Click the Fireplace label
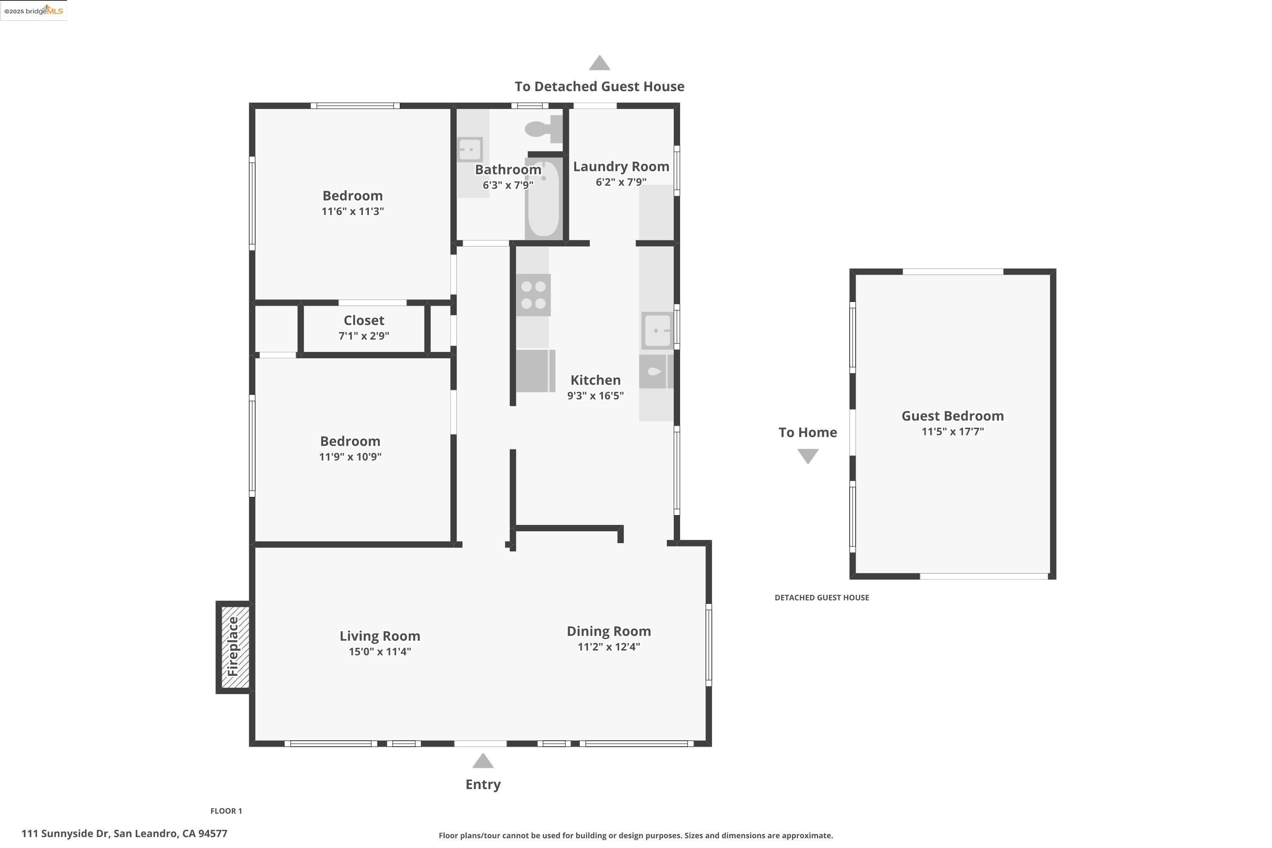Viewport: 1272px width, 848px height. point(233,647)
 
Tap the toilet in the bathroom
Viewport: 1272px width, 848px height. point(541,129)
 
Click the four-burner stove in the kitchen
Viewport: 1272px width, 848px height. point(533,295)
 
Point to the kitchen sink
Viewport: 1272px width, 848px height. point(657,330)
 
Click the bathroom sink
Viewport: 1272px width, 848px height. point(469,149)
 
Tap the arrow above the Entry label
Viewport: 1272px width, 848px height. point(483,762)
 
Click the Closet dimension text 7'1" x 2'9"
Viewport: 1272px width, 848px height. point(364,336)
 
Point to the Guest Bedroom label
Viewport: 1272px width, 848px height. point(952,416)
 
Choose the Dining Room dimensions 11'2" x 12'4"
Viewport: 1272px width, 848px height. point(608,647)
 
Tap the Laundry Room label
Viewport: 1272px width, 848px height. point(621,167)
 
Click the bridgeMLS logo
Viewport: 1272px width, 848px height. point(33,11)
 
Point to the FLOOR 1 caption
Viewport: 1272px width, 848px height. point(226,811)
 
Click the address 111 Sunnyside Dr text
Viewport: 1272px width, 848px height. point(124,834)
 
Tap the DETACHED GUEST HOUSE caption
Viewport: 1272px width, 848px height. point(822,597)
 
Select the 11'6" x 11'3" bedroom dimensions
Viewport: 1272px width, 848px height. point(353,212)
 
